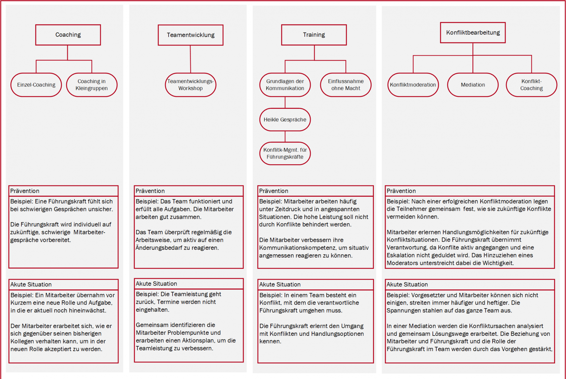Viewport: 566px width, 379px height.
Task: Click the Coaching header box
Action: [x=68, y=35]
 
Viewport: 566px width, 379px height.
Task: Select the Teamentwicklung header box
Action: [x=190, y=35]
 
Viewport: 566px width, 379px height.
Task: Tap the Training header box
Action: [x=314, y=35]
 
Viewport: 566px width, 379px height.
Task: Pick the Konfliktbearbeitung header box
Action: [x=473, y=32]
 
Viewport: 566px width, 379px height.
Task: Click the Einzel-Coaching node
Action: [x=36, y=85]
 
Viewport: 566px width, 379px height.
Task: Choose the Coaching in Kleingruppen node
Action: [x=92, y=85]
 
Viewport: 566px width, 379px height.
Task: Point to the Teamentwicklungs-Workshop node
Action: [x=190, y=85]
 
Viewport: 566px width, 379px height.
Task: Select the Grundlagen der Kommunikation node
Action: [x=285, y=85]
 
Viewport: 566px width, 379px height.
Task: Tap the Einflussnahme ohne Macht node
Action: [x=346, y=85]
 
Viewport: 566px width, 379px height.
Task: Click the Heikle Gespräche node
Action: [x=285, y=120]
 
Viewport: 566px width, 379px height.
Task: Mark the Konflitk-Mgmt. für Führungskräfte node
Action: [x=285, y=153]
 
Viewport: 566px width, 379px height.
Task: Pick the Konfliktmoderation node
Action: [x=413, y=85]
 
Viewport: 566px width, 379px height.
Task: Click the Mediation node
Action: [x=473, y=85]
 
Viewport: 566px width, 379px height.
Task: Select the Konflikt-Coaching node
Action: [x=532, y=85]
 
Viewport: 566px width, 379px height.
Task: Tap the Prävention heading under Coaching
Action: [x=25, y=191]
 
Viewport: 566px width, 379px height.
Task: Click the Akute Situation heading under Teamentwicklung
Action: [x=156, y=284]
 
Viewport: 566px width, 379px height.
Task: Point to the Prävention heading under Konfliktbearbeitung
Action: [x=401, y=191]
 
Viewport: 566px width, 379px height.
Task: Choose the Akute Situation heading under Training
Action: [x=280, y=284]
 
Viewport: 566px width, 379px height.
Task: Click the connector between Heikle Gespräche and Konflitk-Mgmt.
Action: [x=285, y=136]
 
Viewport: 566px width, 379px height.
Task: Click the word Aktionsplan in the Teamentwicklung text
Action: [x=199, y=340]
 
